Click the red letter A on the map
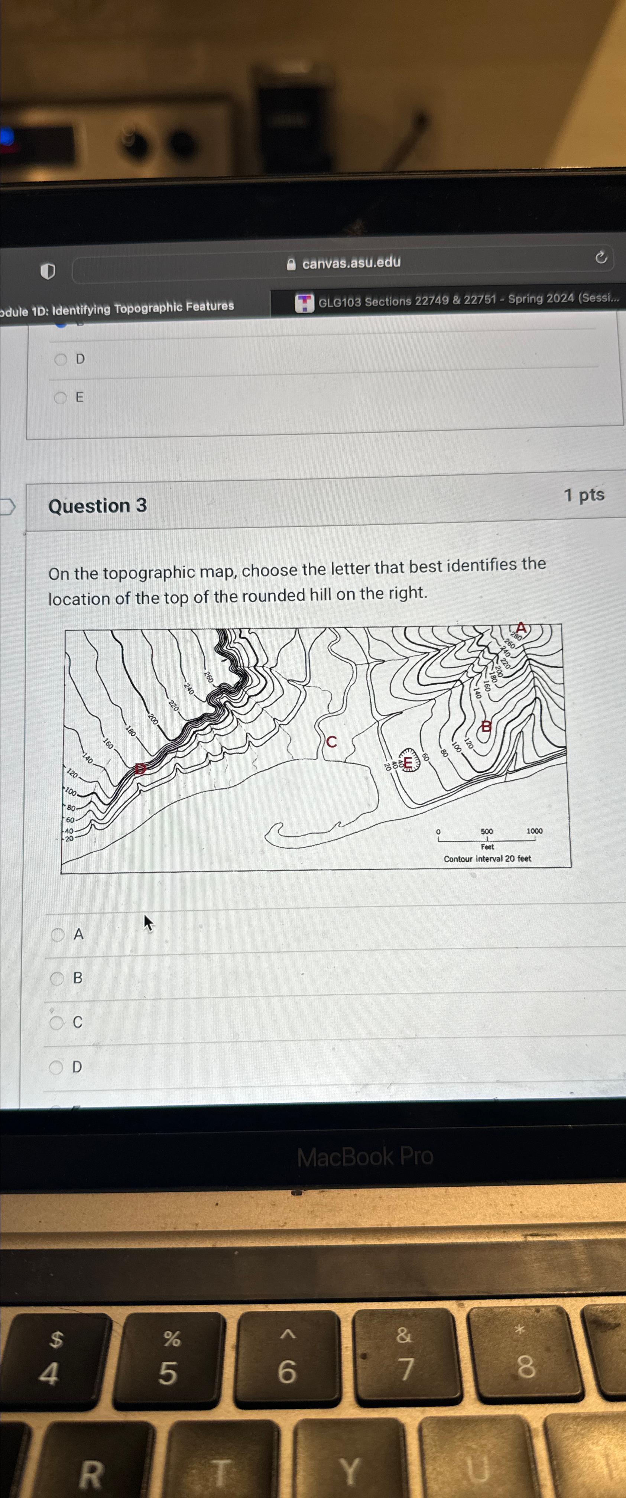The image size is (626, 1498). click(x=521, y=628)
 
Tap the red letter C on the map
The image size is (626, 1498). click(x=331, y=742)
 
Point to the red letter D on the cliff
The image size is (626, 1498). click(x=140, y=768)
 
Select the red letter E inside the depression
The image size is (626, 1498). click(x=408, y=761)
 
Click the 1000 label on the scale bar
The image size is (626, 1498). click(x=534, y=831)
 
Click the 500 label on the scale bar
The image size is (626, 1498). click(x=487, y=831)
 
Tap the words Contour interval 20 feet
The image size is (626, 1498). click(x=487, y=858)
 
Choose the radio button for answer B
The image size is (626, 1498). click(x=57, y=978)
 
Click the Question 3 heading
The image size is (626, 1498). click(x=98, y=505)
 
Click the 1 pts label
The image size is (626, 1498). click(x=584, y=495)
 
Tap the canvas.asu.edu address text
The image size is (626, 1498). click(x=351, y=262)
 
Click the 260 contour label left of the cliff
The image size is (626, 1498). click(x=208, y=677)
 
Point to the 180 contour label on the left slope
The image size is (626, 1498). click(x=130, y=731)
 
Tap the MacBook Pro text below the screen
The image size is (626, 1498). click(x=365, y=1157)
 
